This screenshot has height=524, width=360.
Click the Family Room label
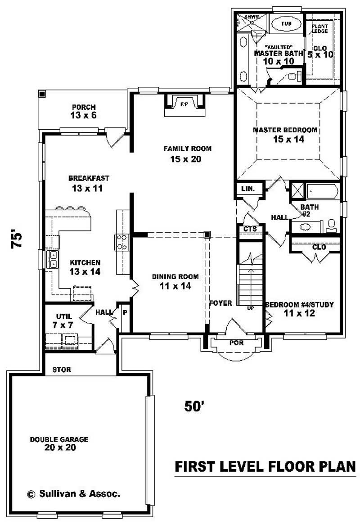(x=187, y=154)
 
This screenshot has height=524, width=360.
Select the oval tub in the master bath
(x=287, y=23)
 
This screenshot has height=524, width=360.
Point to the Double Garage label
(x=59, y=443)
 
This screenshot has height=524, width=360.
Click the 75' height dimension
(x=17, y=239)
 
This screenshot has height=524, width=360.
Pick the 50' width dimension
(x=194, y=406)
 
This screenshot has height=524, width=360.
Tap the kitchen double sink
(x=53, y=259)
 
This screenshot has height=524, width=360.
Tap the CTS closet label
(x=250, y=229)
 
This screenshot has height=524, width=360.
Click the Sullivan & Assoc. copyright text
(x=73, y=494)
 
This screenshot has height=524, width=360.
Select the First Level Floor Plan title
(x=265, y=467)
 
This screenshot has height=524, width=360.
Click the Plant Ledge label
(x=320, y=29)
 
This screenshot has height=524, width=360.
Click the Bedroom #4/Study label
(x=299, y=308)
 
